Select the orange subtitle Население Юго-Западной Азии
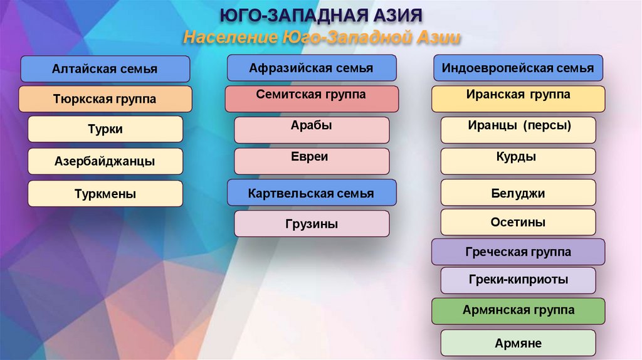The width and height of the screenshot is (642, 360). point(322,38)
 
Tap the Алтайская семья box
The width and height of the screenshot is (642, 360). point(105,69)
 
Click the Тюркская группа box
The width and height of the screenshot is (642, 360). point(105,99)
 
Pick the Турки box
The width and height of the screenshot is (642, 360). point(105,129)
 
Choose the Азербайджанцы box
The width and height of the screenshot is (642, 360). point(105,161)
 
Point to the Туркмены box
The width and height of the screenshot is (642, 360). point(105,194)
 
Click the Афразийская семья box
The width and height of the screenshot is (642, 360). point(311,68)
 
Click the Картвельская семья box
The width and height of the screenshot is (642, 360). point(311,193)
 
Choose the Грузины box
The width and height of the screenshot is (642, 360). point(311,223)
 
